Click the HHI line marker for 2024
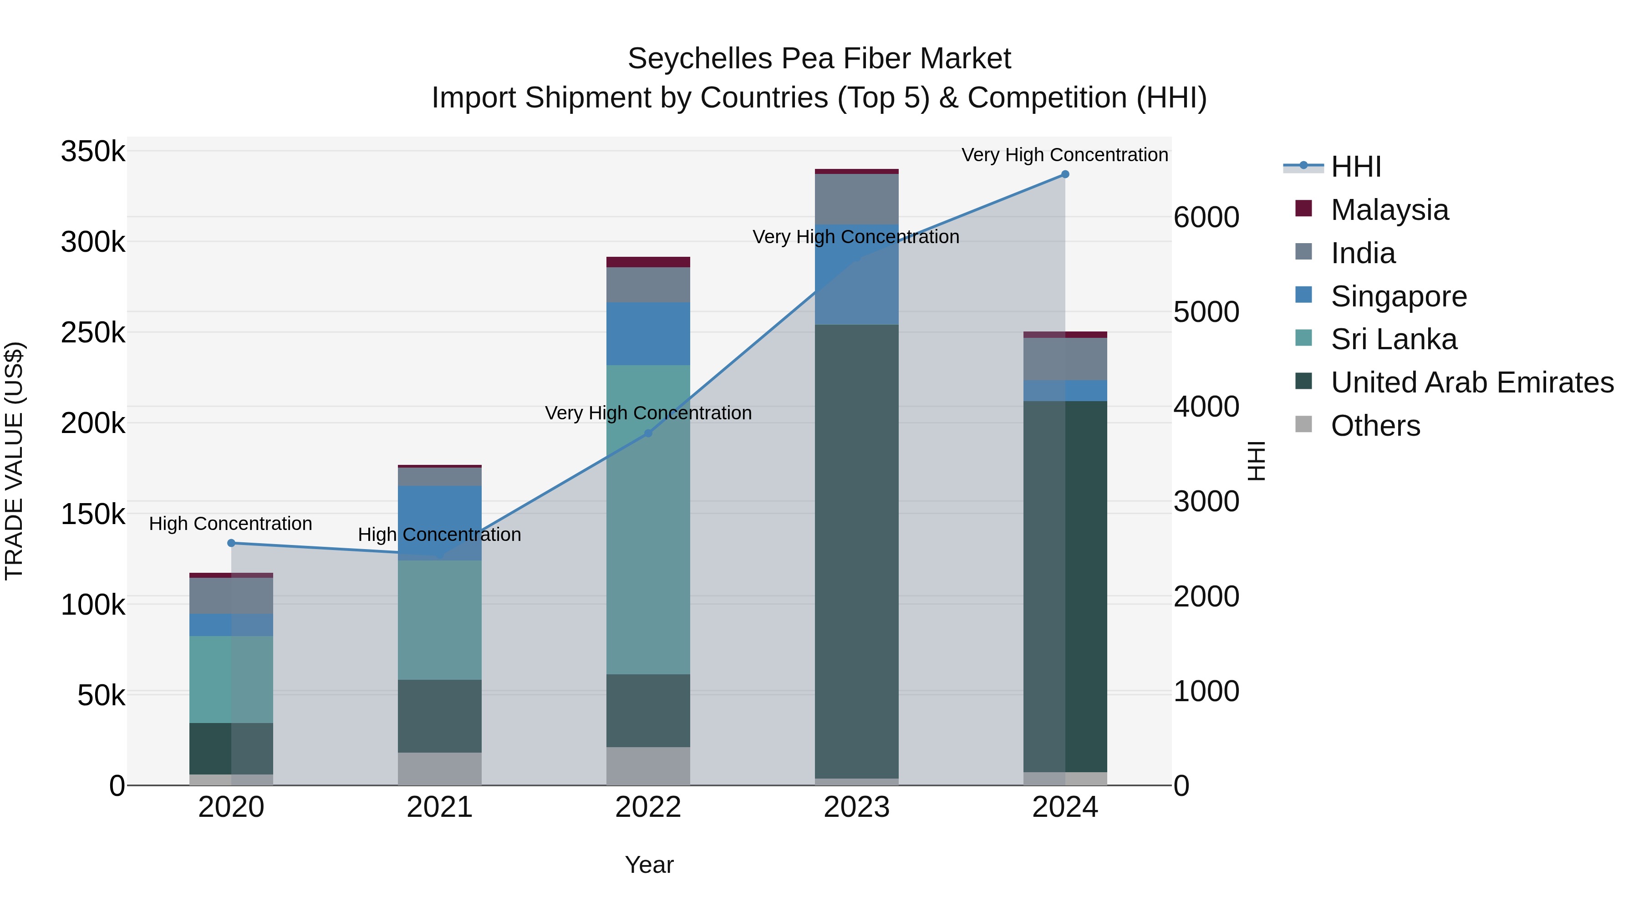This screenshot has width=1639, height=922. [x=1065, y=174]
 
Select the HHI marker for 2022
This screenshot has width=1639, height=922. [x=648, y=433]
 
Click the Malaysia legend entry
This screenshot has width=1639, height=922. [x=1389, y=210]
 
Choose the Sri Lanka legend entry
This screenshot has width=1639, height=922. [x=1394, y=339]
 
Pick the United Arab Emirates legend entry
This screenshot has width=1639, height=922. [x=1471, y=382]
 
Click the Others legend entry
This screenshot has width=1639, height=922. [x=1375, y=426]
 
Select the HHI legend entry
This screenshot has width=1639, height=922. [x=1355, y=167]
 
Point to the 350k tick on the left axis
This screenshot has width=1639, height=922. [x=93, y=152]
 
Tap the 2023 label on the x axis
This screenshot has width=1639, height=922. [x=856, y=807]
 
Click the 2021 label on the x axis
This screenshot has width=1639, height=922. [x=440, y=807]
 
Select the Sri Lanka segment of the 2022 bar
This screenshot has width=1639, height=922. [x=648, y=519]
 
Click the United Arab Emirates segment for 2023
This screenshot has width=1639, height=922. [x=856, y=550]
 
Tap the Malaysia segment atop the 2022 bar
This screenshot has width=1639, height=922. [x=648, y=262]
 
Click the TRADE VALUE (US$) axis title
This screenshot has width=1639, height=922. [x=14, y=461]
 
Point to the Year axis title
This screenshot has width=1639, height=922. [x=649, y=865]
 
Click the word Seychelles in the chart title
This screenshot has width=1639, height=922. [x=700, y=59]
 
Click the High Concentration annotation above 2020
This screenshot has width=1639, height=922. [x=230, y=524]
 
